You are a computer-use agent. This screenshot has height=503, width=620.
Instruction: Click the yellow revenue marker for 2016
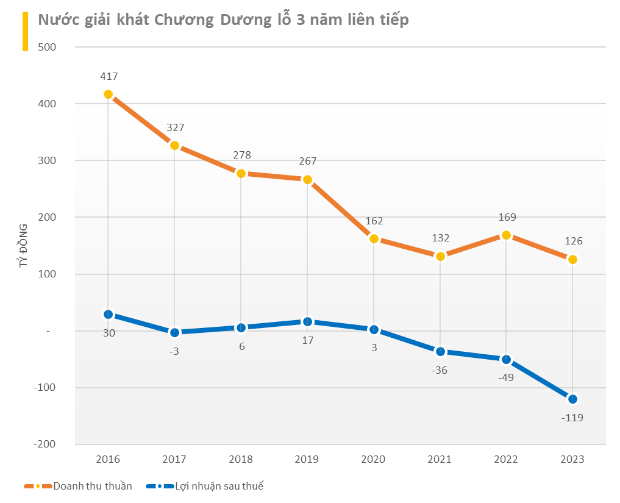pyautogui.click(x=108, y=94)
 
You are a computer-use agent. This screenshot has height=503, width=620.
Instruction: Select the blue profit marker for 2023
pyautogui.click(x=572, y=399)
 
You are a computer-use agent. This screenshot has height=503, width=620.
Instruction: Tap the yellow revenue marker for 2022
pyautogui.click(x=506, y=235)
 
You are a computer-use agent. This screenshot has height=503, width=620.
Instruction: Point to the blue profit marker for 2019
pyautogui.click(x=307, y=321)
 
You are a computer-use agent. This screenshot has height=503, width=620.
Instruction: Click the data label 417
pyautogui.click(x=109, y=76)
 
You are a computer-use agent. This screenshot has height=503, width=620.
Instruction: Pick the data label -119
pyautogui.click(x=572, y=418)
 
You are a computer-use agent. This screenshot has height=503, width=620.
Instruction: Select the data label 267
pyautogui.click(x=308, y=161)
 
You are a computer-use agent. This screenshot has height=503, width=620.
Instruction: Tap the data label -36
pyautogui.click(x=440, y=370)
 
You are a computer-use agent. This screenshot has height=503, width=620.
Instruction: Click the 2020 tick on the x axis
pyautogui.click(x=373, y=459)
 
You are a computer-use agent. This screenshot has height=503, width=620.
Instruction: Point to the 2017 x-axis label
pyautogui.click(x=174, y=459)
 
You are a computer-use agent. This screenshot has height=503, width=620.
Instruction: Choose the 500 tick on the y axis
pyautogui.click(x=47, y=47)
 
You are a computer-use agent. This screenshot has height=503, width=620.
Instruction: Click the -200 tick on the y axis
pyautogui.click(x=45, y=444)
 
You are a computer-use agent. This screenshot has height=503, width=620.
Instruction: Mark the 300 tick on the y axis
pyautogui.click(x=47, y=160)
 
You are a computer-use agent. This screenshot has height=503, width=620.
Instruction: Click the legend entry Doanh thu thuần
pyautogui.click(x=78, y=486)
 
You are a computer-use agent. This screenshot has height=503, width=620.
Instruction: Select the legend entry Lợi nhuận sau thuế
pyautogui.click(x=204, y=486)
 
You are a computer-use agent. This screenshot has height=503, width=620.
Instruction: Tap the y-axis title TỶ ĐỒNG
pyautogui.click(x=23, y=245)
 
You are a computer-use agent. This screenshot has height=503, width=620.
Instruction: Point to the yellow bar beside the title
pyautogui.click(x=26, y=31)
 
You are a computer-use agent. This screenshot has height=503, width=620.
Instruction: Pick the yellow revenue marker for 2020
pyautogui.click(x=374, y=238)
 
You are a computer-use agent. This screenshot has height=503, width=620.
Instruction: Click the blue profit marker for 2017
pyautogui.click(x=174, y=332)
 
